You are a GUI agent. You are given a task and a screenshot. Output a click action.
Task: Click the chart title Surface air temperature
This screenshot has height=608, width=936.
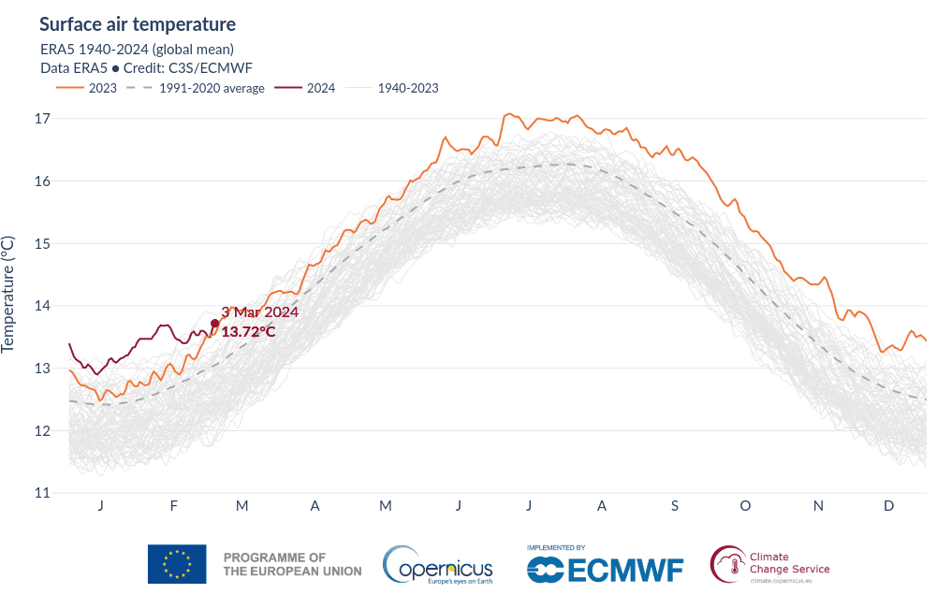point(138,23)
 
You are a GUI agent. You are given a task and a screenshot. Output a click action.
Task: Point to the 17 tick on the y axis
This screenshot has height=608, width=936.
point(41,119)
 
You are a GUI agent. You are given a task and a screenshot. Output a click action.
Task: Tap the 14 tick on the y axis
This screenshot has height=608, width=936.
point(41,306)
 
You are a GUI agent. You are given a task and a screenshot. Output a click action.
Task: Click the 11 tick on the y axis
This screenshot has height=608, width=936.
point(41,493)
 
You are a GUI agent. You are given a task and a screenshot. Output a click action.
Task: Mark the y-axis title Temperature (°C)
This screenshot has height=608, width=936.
point(8,293)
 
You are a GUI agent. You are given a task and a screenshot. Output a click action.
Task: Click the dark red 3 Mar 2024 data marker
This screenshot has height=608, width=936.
point(215,324)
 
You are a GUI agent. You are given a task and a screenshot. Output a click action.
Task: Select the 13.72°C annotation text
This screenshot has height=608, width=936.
point(248,331)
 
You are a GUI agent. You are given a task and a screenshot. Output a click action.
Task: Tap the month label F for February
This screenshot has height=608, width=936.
point(174,506)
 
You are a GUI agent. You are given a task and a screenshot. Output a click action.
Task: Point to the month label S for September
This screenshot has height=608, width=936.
point(674,506)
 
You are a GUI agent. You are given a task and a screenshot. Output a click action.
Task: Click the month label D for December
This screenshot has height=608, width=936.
point(889,506)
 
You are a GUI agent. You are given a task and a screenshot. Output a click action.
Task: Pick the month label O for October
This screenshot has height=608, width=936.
point(745,506)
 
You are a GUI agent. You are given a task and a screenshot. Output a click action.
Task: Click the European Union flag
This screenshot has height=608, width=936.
point(177,564)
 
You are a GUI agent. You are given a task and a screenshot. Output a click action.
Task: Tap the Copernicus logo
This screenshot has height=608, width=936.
point(437,564)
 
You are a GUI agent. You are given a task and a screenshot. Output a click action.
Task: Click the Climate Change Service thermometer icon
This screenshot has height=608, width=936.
point(727,564)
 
